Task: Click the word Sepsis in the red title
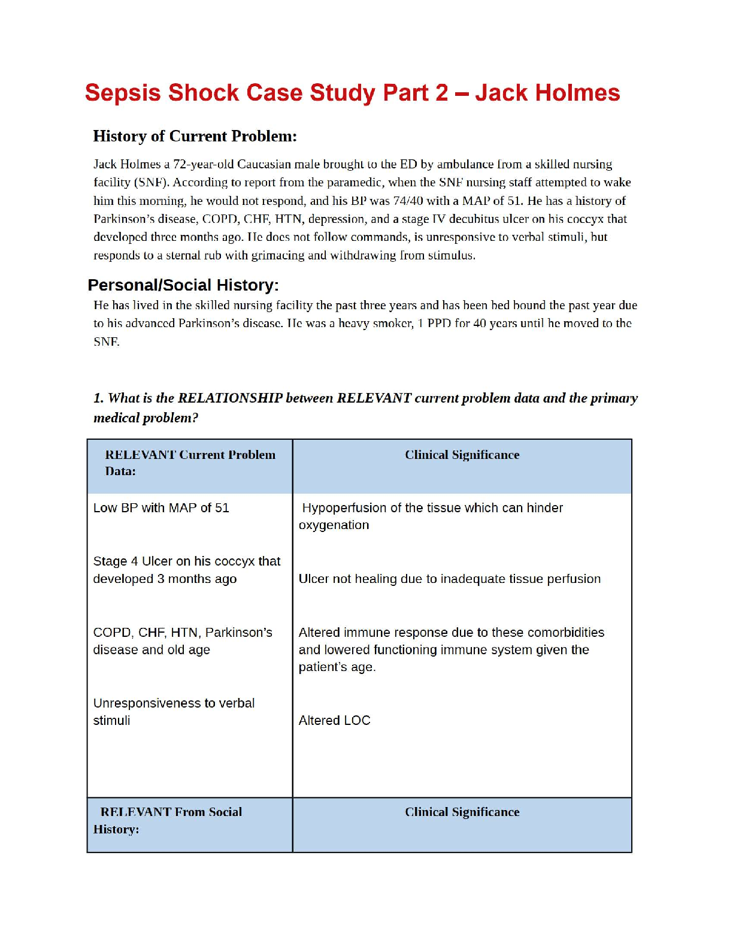click(x=123, y=93)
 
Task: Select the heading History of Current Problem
click(x=195, y=137)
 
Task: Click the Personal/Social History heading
click(x=183, y=285)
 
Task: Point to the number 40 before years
click(x=480, y=324)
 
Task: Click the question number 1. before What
click(x=99, y=398)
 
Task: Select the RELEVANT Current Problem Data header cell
click(x=190, y=463)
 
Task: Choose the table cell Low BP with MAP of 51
click(x=161, y=508)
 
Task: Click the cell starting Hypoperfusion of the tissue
click(x=431, y=516)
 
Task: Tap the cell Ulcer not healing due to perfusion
click(x=449, y=579)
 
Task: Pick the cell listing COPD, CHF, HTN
click(x=182, y=641)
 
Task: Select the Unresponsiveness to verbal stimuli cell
click(x=174, y=712)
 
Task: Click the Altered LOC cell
click(x=334, y=721)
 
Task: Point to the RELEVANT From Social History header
click(x=171, y=821)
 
